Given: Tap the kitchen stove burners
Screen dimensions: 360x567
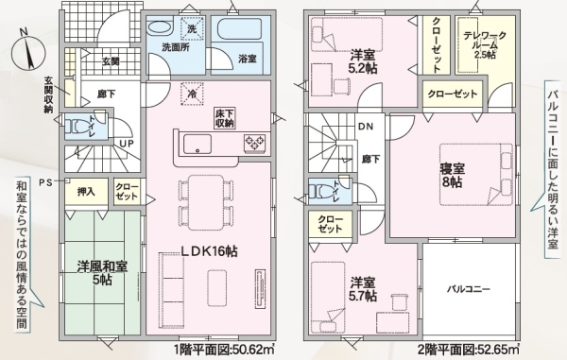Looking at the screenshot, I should click(256, 144).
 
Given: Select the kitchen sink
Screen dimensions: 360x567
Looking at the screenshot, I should click(198, 144).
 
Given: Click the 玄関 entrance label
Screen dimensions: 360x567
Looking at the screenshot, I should click(110, 61).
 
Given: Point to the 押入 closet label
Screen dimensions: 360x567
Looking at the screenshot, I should click(86, 192).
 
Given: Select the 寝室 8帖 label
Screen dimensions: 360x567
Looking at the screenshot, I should click(451, 174).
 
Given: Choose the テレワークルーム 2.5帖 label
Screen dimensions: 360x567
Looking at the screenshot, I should click(485, 43).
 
